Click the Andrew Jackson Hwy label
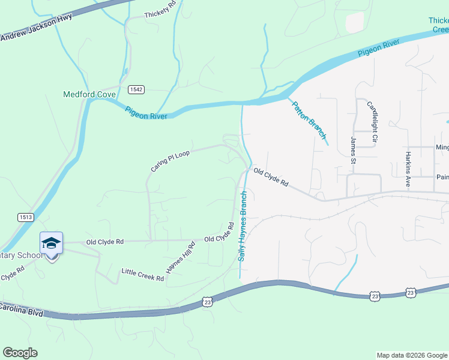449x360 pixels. [x=36, y=28]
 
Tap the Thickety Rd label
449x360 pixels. [x=160, y=13]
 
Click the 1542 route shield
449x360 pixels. [x=136, y=89]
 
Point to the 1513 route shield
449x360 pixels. [x=26, y=217]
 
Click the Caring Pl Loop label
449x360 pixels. [x=170, y=161]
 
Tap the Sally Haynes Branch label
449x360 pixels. [x=243, y=226]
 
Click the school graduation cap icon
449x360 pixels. [x=52, y=243]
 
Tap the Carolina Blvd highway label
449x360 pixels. [x=22, y=310]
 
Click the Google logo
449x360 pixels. [x=20, y=353]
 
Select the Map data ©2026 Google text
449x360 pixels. [x=411, y=355]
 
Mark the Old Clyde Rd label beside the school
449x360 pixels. [x=105, y=241]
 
